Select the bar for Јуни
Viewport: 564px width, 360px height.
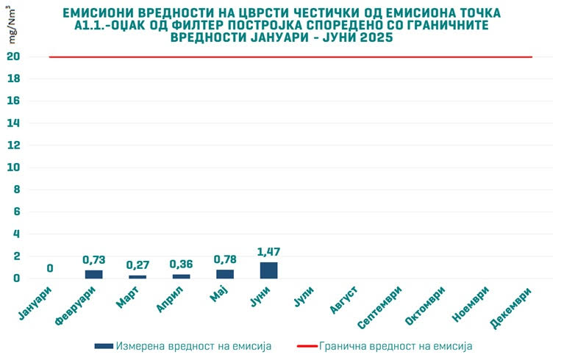269,270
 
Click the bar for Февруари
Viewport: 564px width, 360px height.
93,274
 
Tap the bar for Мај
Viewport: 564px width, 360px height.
225,274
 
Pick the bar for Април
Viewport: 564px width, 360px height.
181,276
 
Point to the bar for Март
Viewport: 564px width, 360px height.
138,277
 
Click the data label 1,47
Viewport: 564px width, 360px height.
269,252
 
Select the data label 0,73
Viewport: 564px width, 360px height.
93,260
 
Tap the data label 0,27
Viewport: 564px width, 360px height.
138,265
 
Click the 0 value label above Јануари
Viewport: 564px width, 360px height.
50,268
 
